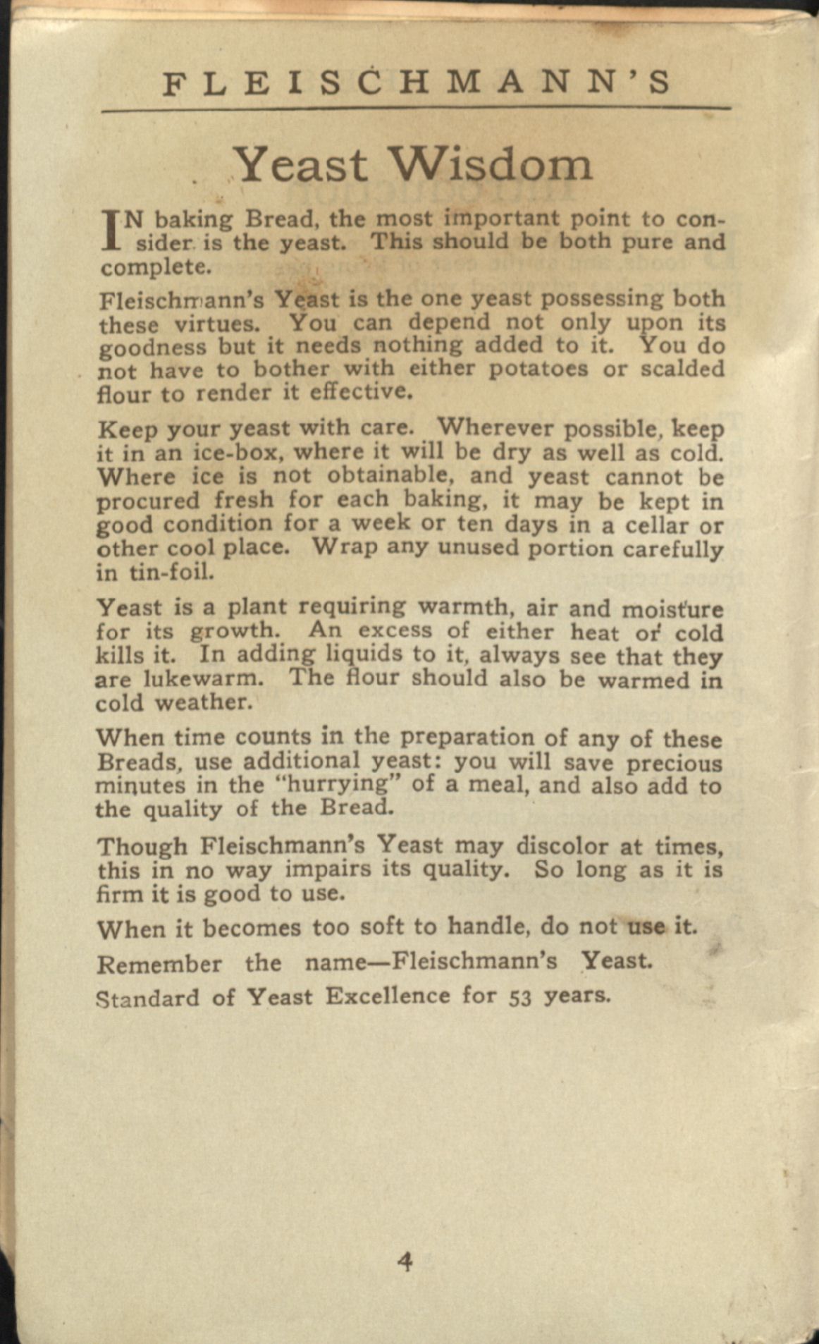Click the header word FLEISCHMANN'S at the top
(416, 83)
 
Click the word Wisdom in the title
(491, 165)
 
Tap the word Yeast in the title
(301, 165)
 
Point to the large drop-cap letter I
(109, 231)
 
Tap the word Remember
(159, 964)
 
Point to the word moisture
(672, 608)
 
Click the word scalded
(682, 369)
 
